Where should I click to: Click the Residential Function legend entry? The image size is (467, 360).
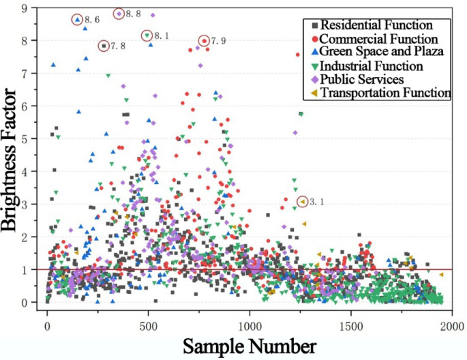pos(376,26)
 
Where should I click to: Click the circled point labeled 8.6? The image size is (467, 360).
pos(77,20)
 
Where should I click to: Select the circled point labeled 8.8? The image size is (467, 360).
pos(119,14)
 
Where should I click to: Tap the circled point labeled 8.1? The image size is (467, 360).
pos(147,35)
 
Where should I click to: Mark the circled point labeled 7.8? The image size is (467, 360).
pos(104,46)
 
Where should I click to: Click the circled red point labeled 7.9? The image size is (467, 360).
pos(203,42)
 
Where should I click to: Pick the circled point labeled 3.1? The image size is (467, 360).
pos(302,201)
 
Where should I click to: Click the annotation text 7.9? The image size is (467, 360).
pos(218,42)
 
